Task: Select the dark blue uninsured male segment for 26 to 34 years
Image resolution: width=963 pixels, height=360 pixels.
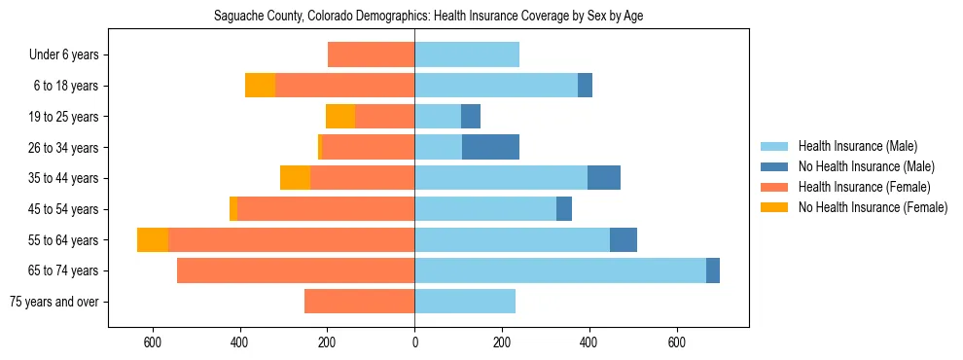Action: [x=490, y=147]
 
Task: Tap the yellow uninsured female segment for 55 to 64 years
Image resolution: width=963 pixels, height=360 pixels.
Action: [x=153, y=239]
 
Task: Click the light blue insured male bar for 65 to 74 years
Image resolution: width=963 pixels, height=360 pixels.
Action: [x=560, y=270]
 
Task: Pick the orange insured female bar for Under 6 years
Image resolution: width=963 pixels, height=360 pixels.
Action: [x=371, y=54]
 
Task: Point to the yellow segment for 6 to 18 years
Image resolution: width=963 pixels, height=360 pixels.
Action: [x=260, y=86]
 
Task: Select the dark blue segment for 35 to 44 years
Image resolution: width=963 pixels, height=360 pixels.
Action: [x=604, y=178]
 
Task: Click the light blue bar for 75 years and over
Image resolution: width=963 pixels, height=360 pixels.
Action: [x=465, y=302]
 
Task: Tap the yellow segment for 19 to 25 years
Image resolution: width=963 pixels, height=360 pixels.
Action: [x=340, y=117]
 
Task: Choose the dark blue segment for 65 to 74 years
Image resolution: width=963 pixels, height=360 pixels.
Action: [x=713, y=270]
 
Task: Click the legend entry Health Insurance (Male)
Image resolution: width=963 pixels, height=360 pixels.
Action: [x=857, y=146]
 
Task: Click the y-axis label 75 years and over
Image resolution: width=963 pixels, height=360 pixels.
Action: [x=54, y=302]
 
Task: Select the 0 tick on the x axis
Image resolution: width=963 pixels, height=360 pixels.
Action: [x=414, y=342]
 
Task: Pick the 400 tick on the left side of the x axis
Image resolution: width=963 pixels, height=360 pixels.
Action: [x=239, y=342]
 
